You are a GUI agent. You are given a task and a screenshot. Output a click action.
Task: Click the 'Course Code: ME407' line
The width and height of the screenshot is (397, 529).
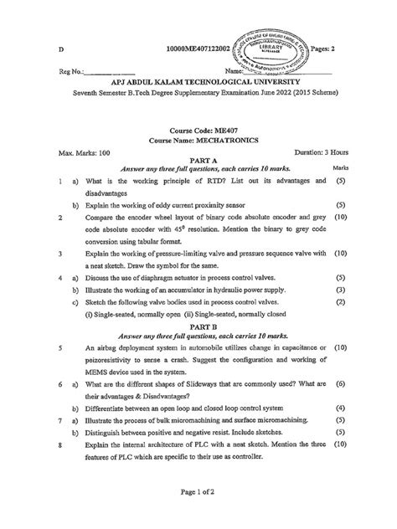pos(198,131)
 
